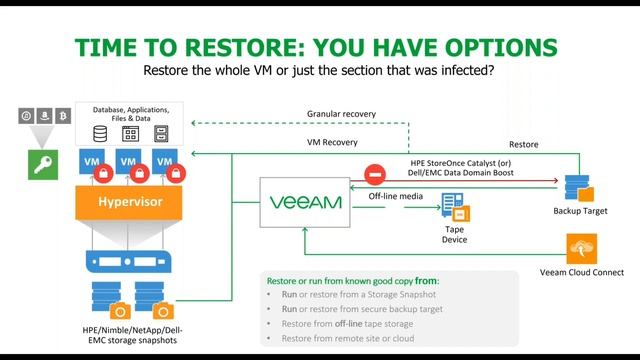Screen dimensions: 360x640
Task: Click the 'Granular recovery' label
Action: point(343,114)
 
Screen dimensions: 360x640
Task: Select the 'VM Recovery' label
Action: point(332,142)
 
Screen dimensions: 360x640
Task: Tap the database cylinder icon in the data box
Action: point(101,132)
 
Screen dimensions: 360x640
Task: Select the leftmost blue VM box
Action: point(90,160)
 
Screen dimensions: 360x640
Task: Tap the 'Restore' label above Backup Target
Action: point(524,145)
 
